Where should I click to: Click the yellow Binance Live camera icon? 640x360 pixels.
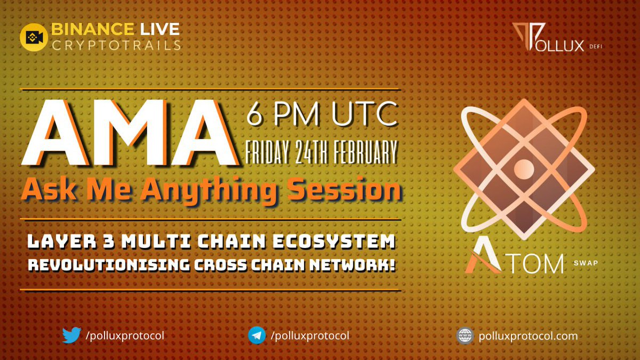pyautogui.click(x=34, y=37)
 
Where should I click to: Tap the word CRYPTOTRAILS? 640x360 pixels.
pyautogui.click(x=116, y=45)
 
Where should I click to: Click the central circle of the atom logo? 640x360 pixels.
pyautogui.click(x=523, y=169)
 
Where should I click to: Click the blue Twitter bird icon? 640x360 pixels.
pyautogui.click(x=71, y=335)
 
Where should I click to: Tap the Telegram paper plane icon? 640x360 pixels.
pyautogui.click(x=257, y=335)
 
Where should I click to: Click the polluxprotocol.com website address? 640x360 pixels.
pyautogui.click(x=528, y=336)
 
